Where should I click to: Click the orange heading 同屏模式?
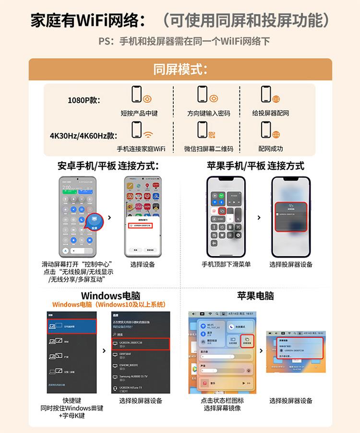[x=180, y=69]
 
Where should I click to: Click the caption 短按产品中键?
[x=139, y=113]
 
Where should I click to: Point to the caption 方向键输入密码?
[x=208, y=113]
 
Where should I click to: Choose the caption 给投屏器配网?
[x=271, y=113]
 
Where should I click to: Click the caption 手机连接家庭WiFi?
[x=141, y=149]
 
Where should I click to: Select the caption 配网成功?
[x=271, y=149]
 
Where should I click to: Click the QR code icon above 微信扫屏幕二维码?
[x=212, y=134]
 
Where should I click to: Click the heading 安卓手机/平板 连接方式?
[x=108, y=166]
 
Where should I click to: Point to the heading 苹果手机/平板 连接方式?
[x=255, y=166]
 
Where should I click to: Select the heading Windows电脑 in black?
[x=110, y=295]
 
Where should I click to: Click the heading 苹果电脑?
[x=255, y=295]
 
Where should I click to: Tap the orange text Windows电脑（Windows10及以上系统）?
[x=109, y=304]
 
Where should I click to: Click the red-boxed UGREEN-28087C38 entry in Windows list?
[x=141, y=344]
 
